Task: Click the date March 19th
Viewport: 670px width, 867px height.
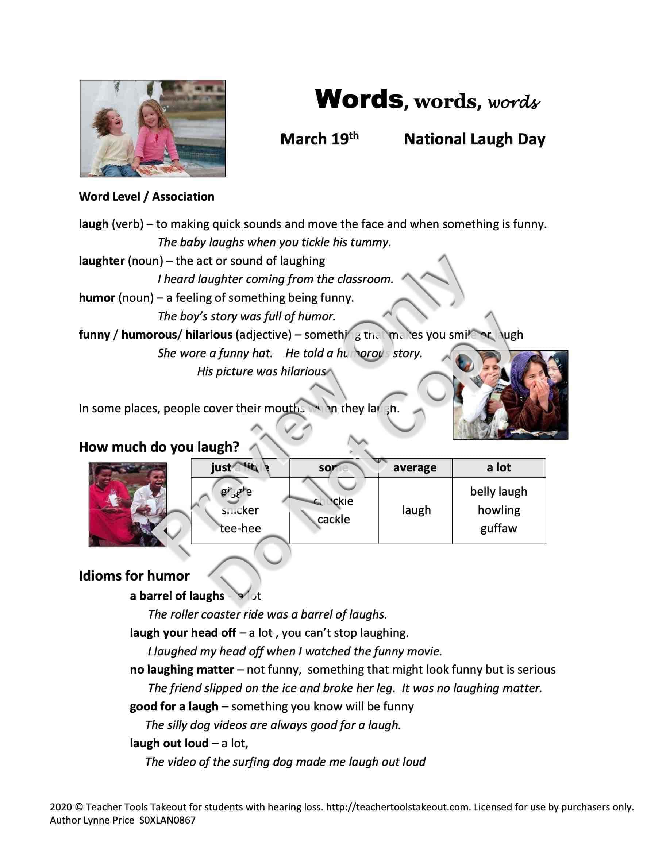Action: [x=319, y=139]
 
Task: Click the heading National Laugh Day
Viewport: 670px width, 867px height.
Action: [x=474, y=139]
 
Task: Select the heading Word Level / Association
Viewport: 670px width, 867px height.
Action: [x=146, y=197]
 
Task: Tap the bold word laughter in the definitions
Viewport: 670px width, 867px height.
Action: [x=101, y=261]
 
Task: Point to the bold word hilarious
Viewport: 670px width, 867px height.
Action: [x=208, y=335]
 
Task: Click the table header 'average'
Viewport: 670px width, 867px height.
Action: [x=415, y=468]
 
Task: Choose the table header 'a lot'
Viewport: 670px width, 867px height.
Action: [x=498, y=468]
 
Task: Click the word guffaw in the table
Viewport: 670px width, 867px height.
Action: [x=498, y=528]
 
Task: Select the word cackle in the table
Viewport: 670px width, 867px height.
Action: [x=334, y=519]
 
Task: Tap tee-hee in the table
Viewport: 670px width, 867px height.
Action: [x=240, y=528]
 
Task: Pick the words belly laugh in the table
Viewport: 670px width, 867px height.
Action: [x=498, y=492]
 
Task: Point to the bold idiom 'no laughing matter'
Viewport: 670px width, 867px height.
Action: [x=182, y=670]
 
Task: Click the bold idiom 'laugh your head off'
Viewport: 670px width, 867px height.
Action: [x=183, y=633]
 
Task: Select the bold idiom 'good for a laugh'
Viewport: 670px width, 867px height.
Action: [x=174, y=706]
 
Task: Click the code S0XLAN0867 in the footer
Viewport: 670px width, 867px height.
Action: [x=167, y=820]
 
